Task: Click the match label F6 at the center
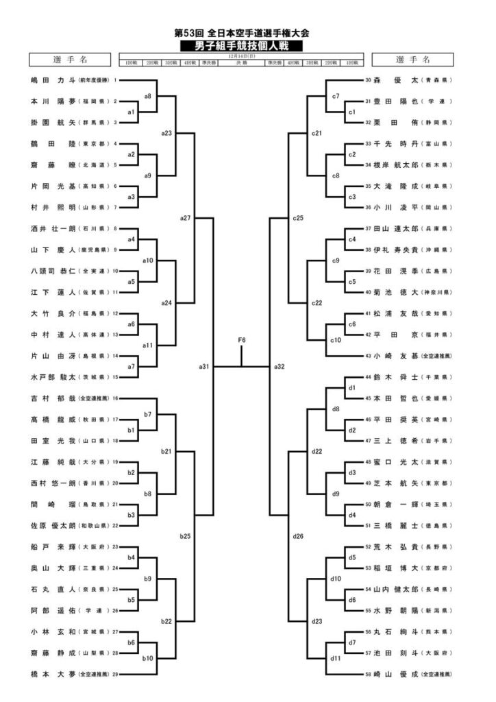click(x=242, y=340)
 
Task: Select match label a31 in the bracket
click(x=203, y=367)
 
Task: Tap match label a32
click(x=280, y=367)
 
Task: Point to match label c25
click(x=297, y=218)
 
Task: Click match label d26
click(x=297, y=535)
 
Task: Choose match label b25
click(x=185, y=535)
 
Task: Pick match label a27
click(x=185, y=218)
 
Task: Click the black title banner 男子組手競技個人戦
click(x=243, y=46)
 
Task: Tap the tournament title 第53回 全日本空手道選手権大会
click(x=243, y=32)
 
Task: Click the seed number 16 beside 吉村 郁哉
click(x=115, y=398)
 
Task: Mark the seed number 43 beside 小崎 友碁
click(x=368, y=356)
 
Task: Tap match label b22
click(x=166, y=621)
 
